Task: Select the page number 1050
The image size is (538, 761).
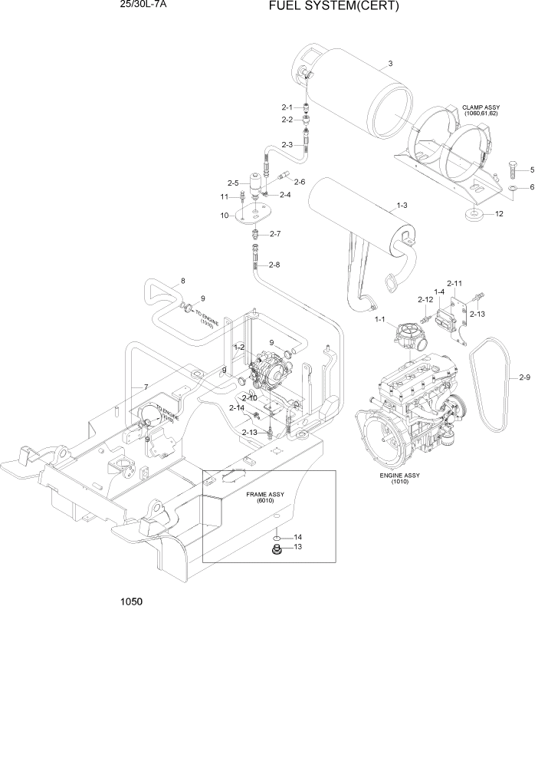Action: point(131,602)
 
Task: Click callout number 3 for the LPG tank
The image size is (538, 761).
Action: point(390,64)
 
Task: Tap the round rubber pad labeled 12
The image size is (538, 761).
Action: point(474,213)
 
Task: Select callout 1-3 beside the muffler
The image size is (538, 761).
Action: point(402,206)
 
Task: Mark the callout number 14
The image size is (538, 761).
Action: point(298,536)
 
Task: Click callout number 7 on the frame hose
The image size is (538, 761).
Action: point(144,386)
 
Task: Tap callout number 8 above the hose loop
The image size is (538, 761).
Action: point(182,281)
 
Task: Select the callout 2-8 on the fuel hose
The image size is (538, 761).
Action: point(272,265)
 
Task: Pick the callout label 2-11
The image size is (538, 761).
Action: point(454,283)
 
